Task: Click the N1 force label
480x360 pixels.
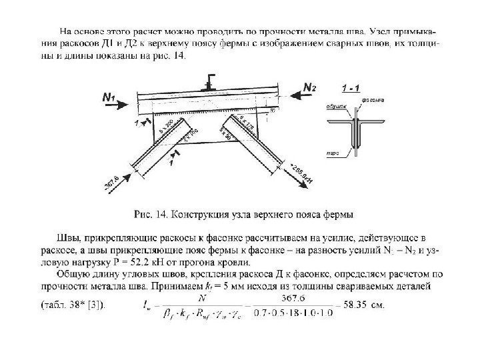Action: coord(109,99)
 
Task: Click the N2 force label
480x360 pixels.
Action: coord(311,87)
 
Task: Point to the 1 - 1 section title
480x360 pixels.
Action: coord(353,88)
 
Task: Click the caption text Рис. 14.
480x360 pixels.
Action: coord(150,214)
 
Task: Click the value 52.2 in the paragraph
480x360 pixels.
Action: coord(143,264)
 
